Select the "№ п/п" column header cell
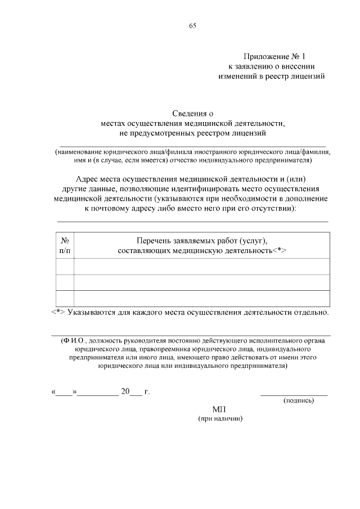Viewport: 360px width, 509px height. (x=65, y=245)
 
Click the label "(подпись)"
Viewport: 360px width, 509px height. (x=298, y=400)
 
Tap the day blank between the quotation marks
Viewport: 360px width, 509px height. (x=64, y=392)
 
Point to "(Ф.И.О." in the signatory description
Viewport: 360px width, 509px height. (x=73, y=341)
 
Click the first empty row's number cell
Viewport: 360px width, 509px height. (x=65, y=267)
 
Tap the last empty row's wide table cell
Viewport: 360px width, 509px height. (x=201, y=298)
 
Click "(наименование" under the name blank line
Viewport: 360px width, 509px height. (x=76, y=152)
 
